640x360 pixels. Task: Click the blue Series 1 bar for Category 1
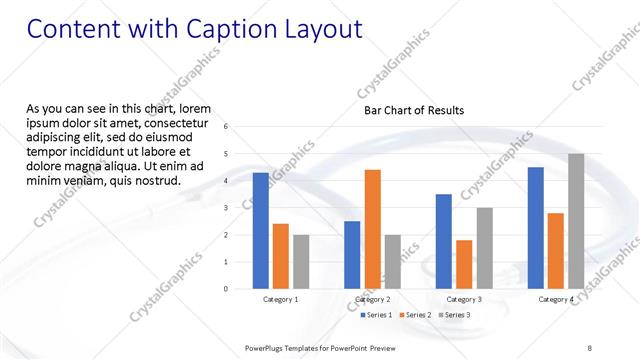coord(261,231)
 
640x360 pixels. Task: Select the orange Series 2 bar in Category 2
coord(372,229)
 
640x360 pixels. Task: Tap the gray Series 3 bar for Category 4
coord(576,221)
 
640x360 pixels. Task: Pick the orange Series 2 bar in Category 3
coord(464,264)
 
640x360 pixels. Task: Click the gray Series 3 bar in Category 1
coord(301,262)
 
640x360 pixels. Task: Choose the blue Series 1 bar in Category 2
coord(352,255)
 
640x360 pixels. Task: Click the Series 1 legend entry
coord(376,316)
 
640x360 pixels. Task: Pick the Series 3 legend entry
coord(455,316)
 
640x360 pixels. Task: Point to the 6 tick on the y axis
coord(226,127)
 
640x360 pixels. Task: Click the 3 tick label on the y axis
coord(226,208)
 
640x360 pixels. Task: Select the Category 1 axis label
coord(281,299)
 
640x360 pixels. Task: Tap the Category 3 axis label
coord(464,299)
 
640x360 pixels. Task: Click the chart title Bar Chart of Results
coord(413,110)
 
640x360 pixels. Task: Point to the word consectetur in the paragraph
coord(176,122)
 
